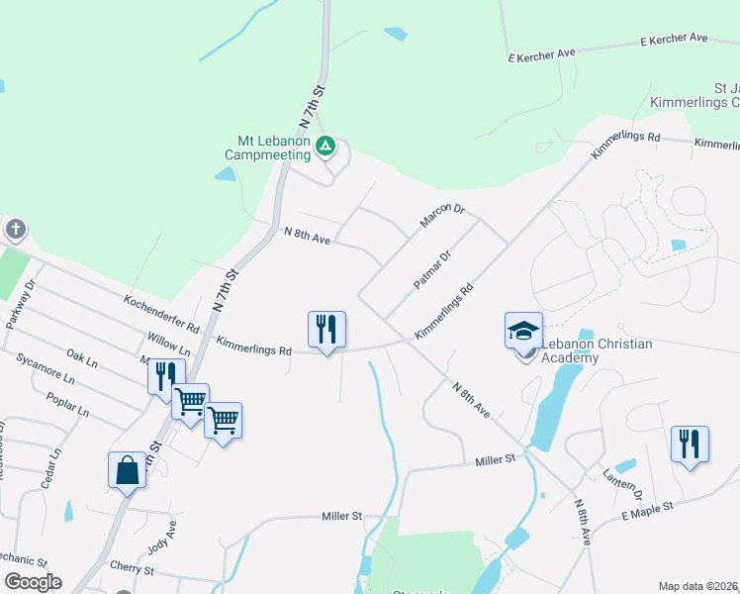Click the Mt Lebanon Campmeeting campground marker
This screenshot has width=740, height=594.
click(326, 148)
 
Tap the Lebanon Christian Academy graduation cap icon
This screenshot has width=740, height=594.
click(523, 330)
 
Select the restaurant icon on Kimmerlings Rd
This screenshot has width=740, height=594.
click(326, 329)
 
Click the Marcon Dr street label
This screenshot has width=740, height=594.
click(442, 215)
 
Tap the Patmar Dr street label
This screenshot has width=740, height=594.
click(432, 269)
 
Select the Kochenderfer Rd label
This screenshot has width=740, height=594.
click(162, 313)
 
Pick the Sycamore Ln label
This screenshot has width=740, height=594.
click(46, 372)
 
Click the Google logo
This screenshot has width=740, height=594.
click(33, 582)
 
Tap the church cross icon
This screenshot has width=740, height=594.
click(15, 230)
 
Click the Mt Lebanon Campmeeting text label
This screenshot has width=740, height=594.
click(267, 148)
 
